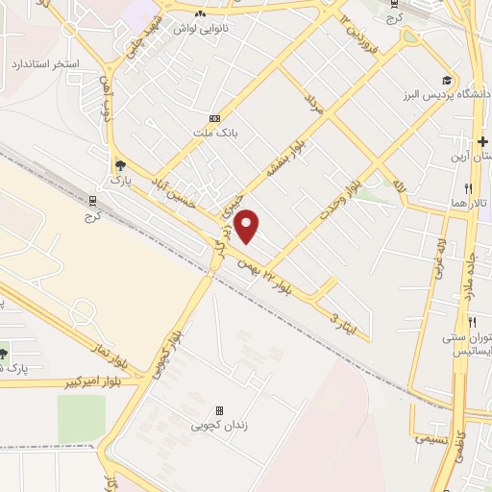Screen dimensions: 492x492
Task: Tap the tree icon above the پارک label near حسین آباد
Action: pyautogui.click(x=119, y=164)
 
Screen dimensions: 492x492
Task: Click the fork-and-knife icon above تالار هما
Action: pyautogui.click(x=468, y=187)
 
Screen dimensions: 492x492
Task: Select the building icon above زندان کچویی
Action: pyautogui.click(x=219, y=410)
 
